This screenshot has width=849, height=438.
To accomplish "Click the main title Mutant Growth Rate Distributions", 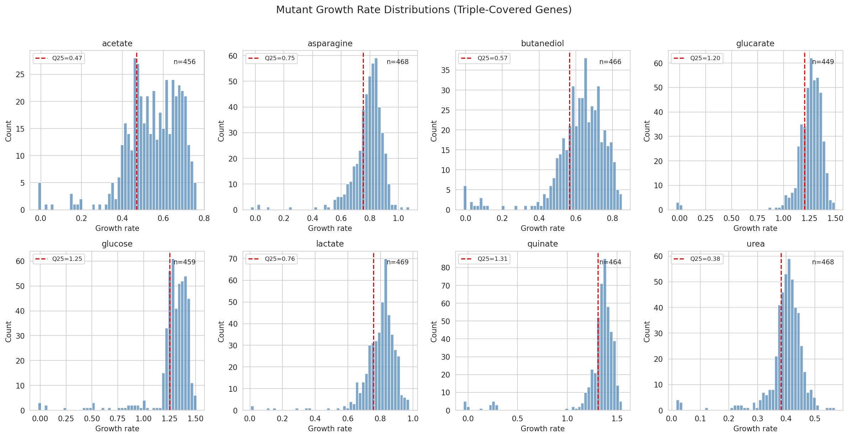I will [x=424, y=10].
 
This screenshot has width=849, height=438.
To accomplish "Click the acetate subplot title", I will [x=117, y=43].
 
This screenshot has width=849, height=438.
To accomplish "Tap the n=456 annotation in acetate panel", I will [x=184, y=62].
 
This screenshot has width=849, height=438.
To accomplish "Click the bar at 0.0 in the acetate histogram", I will [x=40, y=196].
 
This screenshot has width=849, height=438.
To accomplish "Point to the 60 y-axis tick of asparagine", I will [x=233, y=56].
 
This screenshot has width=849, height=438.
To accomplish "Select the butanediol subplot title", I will [x=542, y=43].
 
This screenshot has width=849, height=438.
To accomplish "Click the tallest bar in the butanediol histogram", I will [x=585, y=135].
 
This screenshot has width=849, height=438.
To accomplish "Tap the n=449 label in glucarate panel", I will [x=823, y=62].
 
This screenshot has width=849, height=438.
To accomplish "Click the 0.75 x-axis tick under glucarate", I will [x=757, y=218].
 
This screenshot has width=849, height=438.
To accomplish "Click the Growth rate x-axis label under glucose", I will [x=117, y=428].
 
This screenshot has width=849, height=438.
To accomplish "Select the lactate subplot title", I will [x=330, y=244].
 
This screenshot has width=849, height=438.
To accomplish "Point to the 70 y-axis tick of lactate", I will [x=233, y=259].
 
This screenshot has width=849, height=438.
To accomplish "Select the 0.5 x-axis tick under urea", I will [x=815, y=418].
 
